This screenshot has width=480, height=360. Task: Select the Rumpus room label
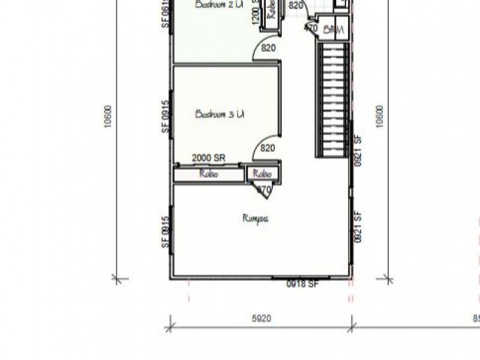(x=256, y=218)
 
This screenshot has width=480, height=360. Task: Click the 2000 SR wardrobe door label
(x=208, y=158)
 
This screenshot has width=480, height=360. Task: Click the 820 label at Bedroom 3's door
(x=268, y=148)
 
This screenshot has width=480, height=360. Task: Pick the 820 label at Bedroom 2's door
(x=268, y=49)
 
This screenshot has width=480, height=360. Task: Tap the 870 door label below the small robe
(x=264, y=190)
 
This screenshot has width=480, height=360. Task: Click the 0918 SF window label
(x=302, y=284)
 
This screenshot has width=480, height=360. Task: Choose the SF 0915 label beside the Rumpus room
(x=165, y=233)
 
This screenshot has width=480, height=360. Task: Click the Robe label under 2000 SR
(x=209, y=174)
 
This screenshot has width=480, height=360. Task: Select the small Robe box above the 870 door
(x=263, y=174)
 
